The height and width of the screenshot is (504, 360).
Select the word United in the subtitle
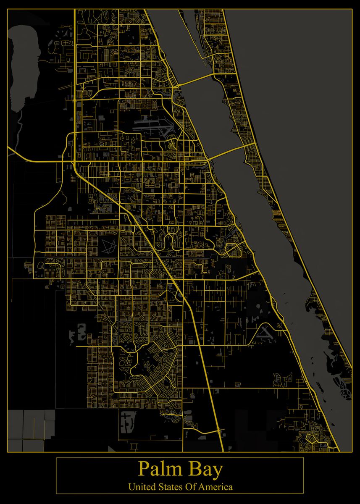[142, 487]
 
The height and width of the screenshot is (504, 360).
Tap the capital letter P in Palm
[143, 470]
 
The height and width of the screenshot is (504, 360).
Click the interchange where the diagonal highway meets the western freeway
[74, 162]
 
